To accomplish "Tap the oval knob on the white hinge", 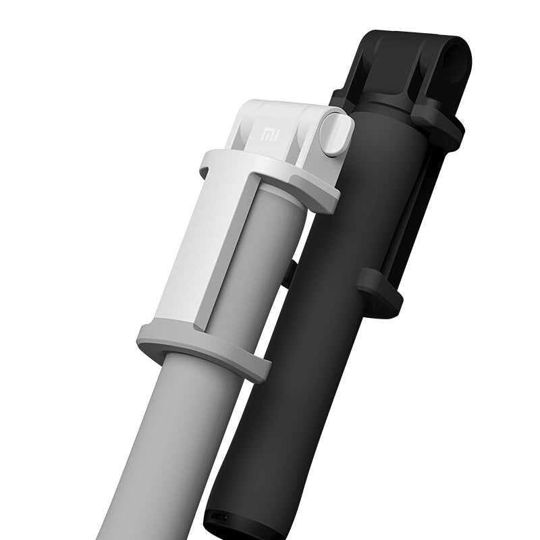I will coord(335,135).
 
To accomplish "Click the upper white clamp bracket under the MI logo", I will coord(270,172).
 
